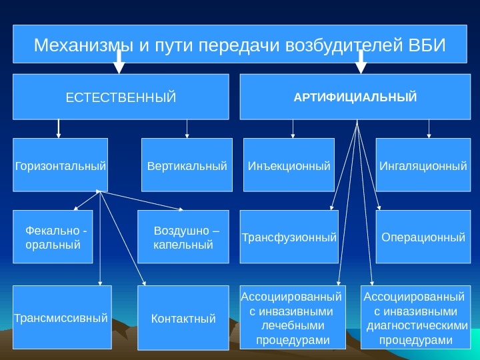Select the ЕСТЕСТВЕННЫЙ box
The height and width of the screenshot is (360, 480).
[121, 97]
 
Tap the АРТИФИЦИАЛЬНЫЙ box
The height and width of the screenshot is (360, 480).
[355, 97]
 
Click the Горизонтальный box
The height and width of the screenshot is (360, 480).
[61, 165]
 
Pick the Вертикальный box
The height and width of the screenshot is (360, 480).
[187, 165]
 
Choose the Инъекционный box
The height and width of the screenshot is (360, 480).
[289, 165]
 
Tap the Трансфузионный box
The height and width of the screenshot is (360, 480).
[289, 237]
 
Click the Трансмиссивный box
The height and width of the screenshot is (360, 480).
[61, 318]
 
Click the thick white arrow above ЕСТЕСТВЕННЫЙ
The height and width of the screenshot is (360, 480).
[119, 61]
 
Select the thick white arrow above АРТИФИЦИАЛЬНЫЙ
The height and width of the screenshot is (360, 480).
[361, 61]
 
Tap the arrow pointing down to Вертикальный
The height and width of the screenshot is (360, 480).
[187, 129]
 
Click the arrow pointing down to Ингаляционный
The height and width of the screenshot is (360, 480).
[429, 129]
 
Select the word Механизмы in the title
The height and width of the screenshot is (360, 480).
[84, 46]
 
